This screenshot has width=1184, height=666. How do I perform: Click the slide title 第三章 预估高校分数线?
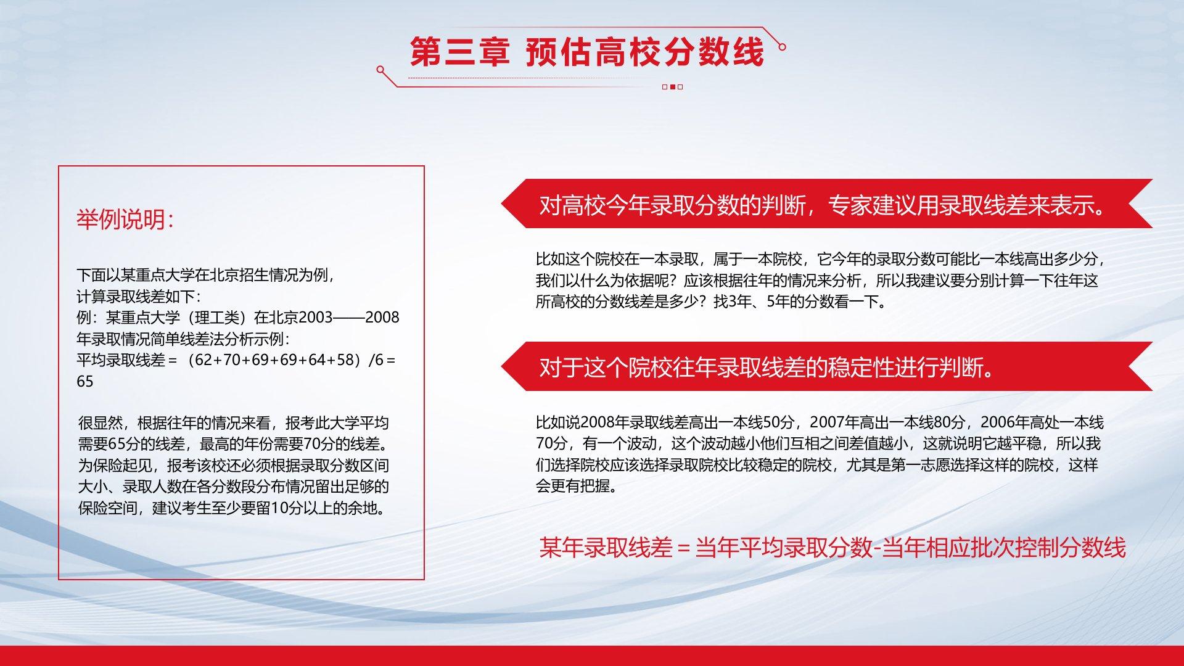[x=587, y=52]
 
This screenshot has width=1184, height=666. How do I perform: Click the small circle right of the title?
[x=782, y=47]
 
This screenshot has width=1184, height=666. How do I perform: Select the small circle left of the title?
[x=380, y=70]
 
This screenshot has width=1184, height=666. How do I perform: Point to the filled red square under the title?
[x=673, y=87]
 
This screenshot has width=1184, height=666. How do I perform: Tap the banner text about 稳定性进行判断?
[x=767, y=368]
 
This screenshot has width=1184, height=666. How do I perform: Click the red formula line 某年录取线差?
[x=832, y=548]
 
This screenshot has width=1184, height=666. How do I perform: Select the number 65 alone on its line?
[x=85, y=381]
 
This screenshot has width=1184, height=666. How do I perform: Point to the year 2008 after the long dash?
[x=382, y=317]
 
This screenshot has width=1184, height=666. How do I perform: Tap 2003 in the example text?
[x=316, y=317]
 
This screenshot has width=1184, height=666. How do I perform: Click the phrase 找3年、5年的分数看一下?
[x=800, y=302]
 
